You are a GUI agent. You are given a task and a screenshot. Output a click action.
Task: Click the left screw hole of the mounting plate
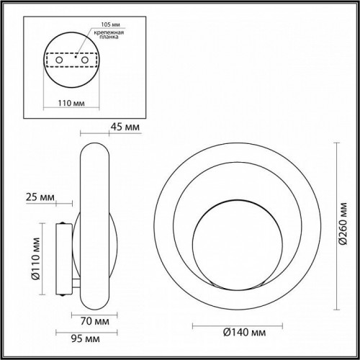pyautogui.click(x=60, y=60)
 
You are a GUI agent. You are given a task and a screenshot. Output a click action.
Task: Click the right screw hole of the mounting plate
pyautogui.click(x=84, y=60)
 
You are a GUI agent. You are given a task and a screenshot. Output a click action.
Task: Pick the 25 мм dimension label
pyautogui.click(x=37, y=196)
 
